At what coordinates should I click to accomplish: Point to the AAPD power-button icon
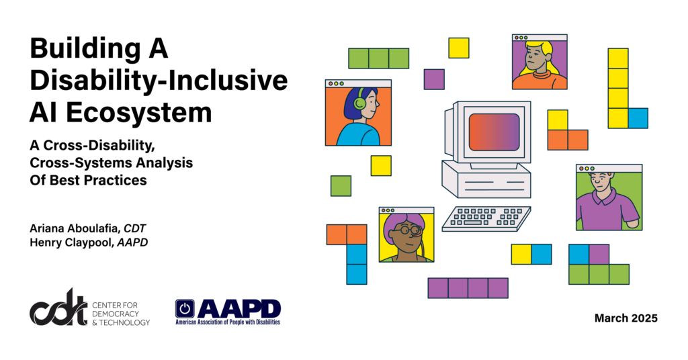click(185, 308)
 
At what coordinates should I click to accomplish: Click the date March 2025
click(626, 318)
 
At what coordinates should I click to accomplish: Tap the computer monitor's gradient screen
click(494, 132)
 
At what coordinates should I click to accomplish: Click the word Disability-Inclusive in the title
click(159, 81)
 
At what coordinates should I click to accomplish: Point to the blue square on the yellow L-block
click(638, 118)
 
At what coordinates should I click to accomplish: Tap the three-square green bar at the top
click(378, 58)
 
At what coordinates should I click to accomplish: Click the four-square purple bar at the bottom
click(468, 287)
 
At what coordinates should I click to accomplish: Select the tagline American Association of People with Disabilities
click(228, 322)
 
